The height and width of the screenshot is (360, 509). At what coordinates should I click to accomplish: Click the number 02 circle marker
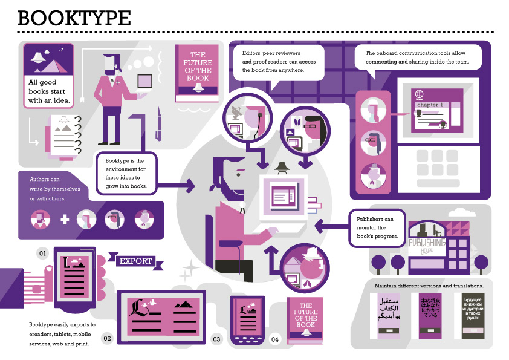coord(107,338)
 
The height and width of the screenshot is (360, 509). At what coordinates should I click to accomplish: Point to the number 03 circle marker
coord(216,339)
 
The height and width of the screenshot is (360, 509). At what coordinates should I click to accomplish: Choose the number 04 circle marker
coord(275,339)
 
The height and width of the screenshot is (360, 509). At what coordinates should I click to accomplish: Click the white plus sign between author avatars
coord(65,219)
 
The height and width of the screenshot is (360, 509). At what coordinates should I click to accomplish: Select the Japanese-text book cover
coord(430,315)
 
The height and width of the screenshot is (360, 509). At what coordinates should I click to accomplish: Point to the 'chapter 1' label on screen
coord(429,105)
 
